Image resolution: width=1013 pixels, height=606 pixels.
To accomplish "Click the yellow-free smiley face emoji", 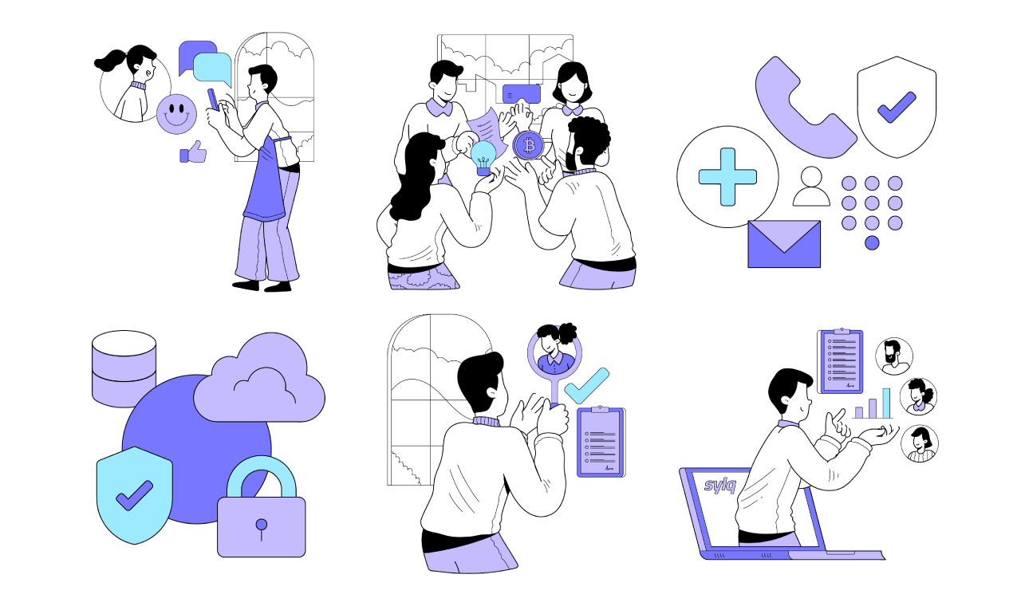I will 176,114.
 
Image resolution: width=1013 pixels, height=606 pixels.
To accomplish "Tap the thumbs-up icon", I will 193,152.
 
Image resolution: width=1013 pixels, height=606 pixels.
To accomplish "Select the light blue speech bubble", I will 212,69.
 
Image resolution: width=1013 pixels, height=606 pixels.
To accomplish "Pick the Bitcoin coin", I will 527,146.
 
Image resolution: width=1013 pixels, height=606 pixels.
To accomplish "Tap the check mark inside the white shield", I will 896,106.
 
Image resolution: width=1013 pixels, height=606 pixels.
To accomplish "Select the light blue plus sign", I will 727,177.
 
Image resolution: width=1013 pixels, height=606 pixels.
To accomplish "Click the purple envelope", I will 784,243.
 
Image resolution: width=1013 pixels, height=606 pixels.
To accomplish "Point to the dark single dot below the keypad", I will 872,242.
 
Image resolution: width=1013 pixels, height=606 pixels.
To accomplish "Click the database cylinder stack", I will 124,368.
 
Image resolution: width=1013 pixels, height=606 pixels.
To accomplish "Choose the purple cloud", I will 259,381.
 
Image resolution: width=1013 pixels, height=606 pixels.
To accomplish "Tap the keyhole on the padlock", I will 261,525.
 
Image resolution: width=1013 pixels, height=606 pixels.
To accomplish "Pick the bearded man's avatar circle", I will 893,356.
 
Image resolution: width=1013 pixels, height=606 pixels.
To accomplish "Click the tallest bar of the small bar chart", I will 886,403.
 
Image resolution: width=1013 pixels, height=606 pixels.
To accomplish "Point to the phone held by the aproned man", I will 212,99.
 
